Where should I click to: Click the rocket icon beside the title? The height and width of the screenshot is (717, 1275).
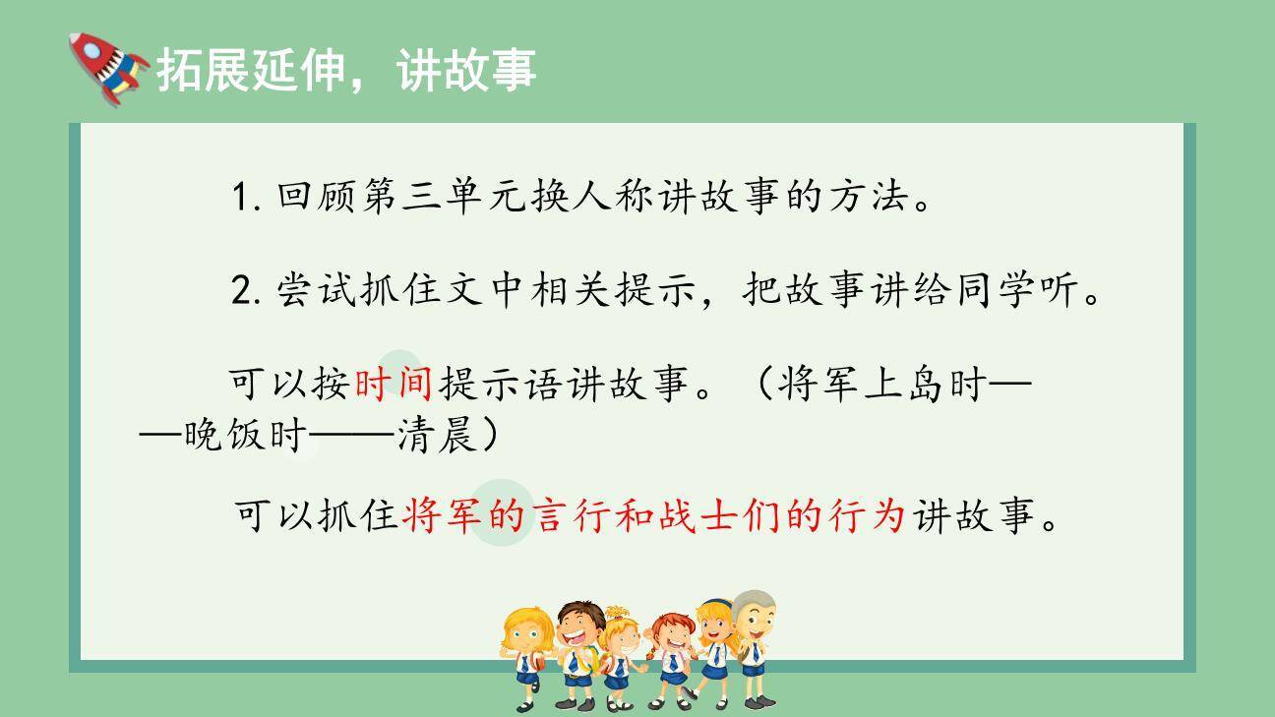(106, 66)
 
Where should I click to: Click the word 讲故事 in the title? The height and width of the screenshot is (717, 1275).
(467, 71)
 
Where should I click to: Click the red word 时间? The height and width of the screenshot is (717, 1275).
(393, 385)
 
